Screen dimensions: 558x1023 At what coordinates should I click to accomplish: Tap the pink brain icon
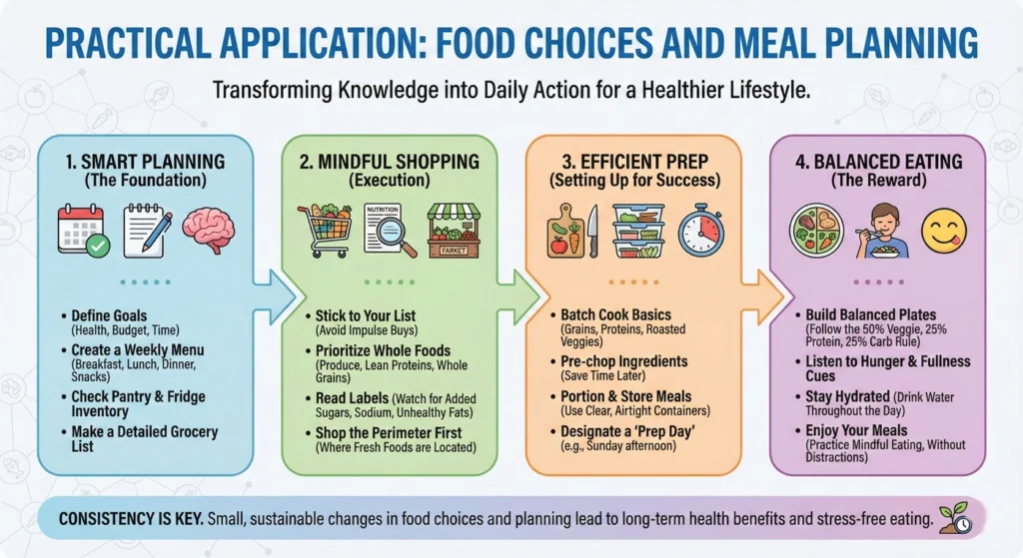[x=209, y=230]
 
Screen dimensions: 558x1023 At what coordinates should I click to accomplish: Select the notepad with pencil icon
[x=146, y=230]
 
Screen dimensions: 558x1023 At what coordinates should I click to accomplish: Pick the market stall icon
[x=454, y=231]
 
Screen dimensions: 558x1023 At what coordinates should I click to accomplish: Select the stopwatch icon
[x=701, y=231]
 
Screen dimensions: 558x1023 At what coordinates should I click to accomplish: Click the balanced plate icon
[x=817, y=231]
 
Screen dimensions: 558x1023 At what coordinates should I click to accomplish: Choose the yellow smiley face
[x=941, y=231]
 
